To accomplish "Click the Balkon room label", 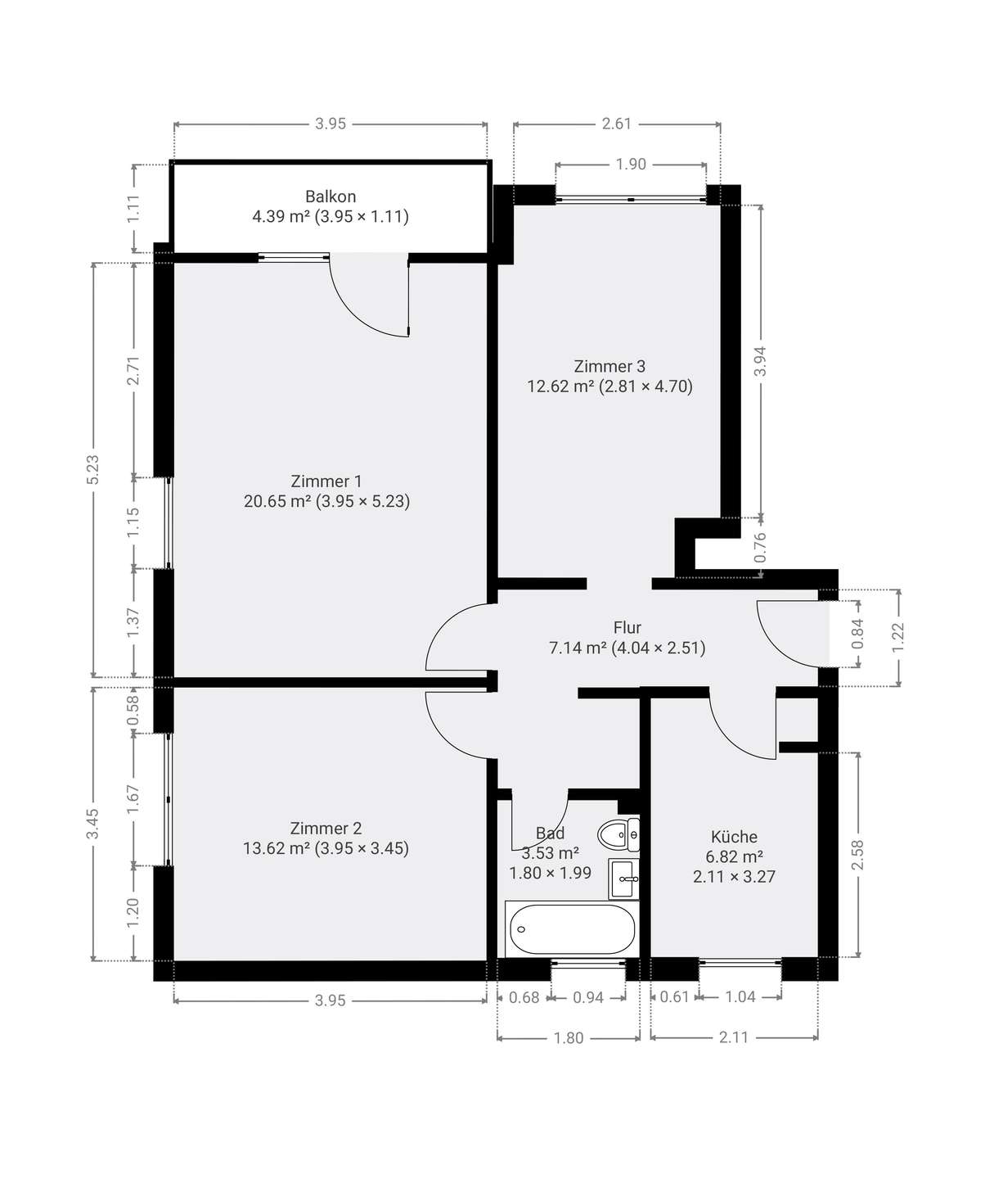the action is click(331, 196).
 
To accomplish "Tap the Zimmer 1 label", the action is click(326, 481).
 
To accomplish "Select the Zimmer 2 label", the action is click(326, 829).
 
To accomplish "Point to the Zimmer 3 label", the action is click(609, 367).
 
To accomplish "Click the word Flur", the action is click(627, 627).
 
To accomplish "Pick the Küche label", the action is click(734, 836).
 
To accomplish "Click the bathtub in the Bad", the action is click(572, 928).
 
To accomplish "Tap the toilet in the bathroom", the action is click(618, 833).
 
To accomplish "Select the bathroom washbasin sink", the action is click(624, 879).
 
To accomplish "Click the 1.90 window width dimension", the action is click(631, 165).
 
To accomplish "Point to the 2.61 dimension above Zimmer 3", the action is click(617, 124).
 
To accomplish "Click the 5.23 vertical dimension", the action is click(92, 469).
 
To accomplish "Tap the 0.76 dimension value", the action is click(761, 547).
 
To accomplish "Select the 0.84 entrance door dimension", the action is click(857, 634).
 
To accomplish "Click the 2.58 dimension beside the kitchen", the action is click(857, 856).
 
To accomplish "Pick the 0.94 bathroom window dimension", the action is click(588, 998).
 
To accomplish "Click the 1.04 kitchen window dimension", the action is click(740, 996).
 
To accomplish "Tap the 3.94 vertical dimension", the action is click(761, 361).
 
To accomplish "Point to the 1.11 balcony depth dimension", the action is click(133, 208).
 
